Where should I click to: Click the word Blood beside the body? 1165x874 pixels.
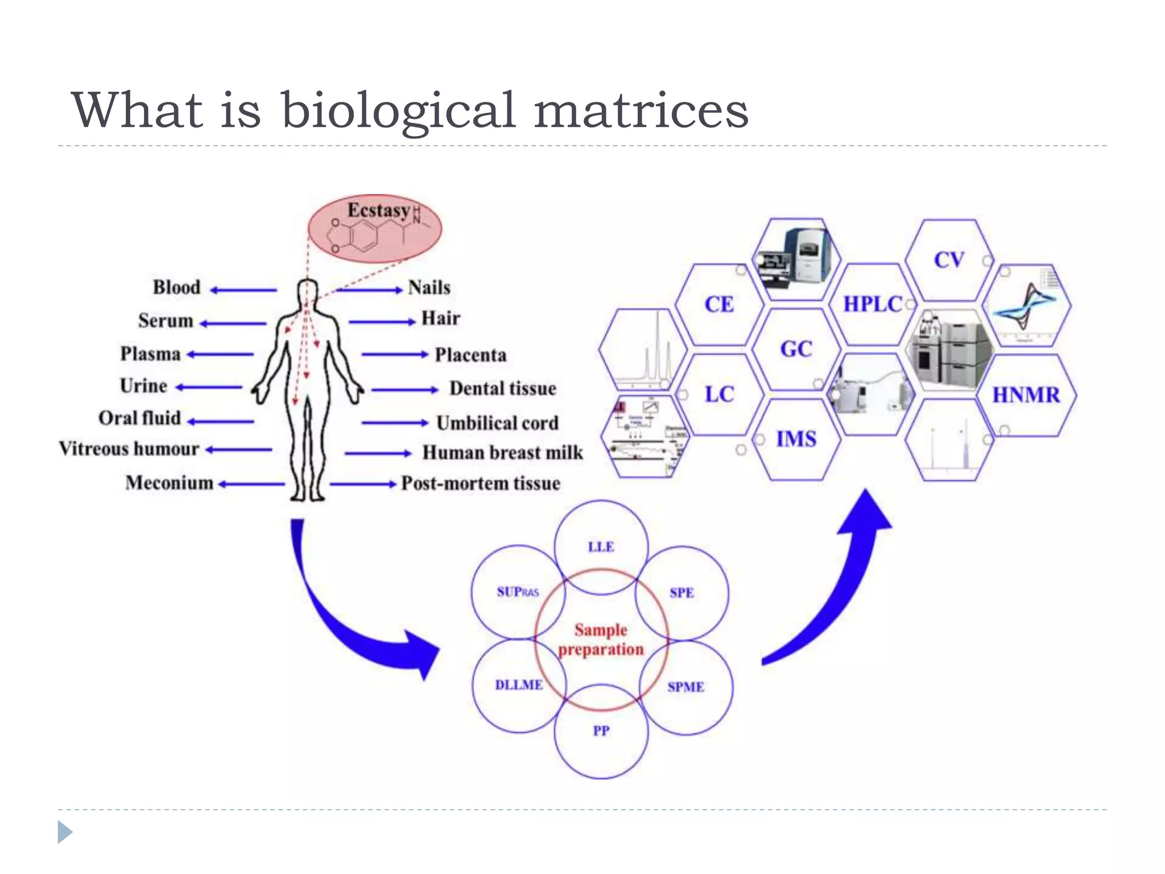176,287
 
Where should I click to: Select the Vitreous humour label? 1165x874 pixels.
129,449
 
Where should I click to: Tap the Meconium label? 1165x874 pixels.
170,483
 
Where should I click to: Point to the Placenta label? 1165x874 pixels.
470,355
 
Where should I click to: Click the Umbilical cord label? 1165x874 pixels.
497,423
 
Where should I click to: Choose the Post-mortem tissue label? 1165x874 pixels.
481,484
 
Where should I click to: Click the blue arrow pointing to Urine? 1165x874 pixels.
209,387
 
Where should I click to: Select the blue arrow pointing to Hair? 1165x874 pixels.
382,322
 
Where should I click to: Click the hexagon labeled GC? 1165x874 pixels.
796,349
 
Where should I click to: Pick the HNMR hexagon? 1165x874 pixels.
1026,395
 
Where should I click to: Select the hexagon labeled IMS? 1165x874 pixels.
796,439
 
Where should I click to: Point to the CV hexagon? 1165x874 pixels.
949,260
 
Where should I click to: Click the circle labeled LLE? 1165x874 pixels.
601,547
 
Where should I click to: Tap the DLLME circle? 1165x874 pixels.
518,685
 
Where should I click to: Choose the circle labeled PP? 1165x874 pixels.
601,731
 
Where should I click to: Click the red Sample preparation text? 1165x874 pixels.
601,640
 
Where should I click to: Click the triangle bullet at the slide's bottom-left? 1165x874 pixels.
65,832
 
